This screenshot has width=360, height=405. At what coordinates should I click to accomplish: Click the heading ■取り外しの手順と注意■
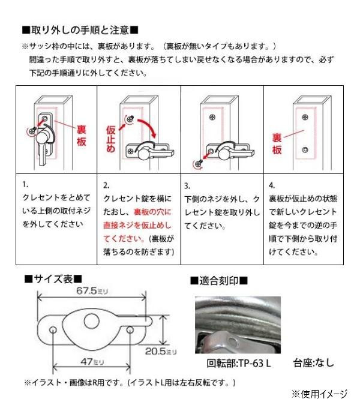80,30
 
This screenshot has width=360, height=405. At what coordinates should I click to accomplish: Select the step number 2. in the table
106,185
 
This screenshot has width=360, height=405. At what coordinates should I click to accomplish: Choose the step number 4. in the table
271,185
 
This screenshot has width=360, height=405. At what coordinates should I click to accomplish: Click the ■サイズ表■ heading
53,279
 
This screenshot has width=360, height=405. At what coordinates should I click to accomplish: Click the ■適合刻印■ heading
218,280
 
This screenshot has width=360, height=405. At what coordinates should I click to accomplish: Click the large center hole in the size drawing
95,317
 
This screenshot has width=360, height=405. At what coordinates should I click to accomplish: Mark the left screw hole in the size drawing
53,330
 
